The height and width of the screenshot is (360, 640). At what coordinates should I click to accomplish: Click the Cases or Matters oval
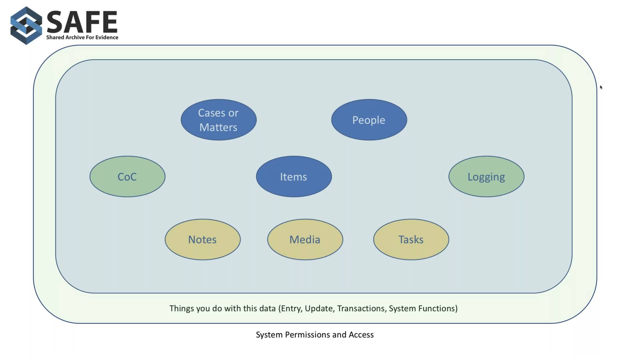219,120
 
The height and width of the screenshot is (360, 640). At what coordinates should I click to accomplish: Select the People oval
369,120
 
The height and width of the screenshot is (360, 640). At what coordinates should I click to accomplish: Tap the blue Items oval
294,176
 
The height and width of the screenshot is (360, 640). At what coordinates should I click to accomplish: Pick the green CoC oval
127,176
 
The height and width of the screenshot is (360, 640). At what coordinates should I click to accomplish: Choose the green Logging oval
486,176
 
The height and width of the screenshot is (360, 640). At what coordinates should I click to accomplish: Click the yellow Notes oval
203,239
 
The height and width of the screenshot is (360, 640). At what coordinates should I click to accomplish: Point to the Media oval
305,239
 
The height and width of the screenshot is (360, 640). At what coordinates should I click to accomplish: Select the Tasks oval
411,239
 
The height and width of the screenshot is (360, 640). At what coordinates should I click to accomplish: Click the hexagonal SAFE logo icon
26,26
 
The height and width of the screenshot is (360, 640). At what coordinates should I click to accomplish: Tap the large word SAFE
82,22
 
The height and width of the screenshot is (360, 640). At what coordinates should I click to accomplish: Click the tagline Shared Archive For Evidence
82,37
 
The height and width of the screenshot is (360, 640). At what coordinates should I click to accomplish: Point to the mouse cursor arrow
601,87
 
